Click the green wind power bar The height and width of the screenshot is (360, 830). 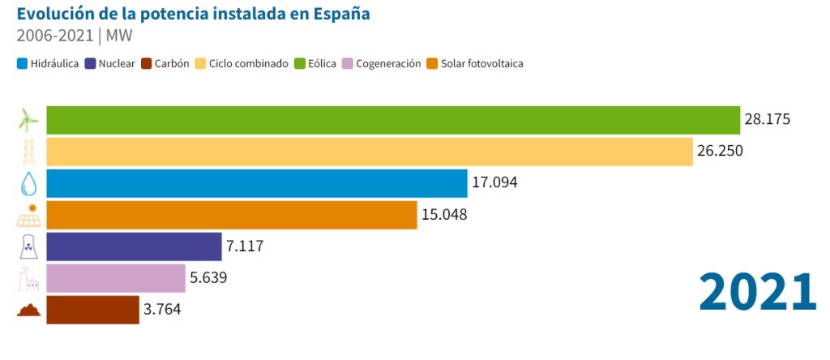coord(393,120)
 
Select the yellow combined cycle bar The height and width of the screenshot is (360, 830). coord(370,152)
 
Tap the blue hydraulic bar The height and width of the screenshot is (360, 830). coord(257,183)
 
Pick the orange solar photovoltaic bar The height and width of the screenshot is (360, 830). coord(232,215)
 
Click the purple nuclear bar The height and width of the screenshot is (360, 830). coord(134,246)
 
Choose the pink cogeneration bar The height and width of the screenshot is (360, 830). coord(116,278)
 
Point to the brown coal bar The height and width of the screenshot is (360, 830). coord(92,310)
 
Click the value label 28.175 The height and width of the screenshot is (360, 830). coord(767,120)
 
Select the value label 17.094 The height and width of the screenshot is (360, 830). coord(494,183)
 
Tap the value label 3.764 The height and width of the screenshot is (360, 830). coord(166,310)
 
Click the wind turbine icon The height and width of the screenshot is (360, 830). coord(28,120)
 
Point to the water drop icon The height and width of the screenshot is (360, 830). coord(28,184)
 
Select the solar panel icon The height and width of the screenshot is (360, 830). coord(28,216)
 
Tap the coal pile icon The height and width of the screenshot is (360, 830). coord(28,311)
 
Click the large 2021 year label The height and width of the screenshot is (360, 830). coord(757,292)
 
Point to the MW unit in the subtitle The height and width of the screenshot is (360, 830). coord(118,36)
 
